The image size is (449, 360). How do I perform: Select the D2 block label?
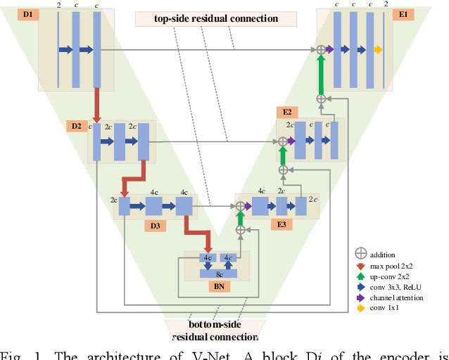pos(76,127)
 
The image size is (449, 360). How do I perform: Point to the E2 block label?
pos(287,112)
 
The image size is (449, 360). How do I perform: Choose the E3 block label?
pos(281,225)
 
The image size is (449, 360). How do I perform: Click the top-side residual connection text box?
pos(217,18)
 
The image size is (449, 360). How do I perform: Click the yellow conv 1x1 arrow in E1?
pos(378,49)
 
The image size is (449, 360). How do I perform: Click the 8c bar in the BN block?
pos(219,274)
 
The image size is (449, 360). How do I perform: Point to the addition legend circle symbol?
pos(361,255)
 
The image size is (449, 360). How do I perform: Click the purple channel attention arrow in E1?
pos(329,49)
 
